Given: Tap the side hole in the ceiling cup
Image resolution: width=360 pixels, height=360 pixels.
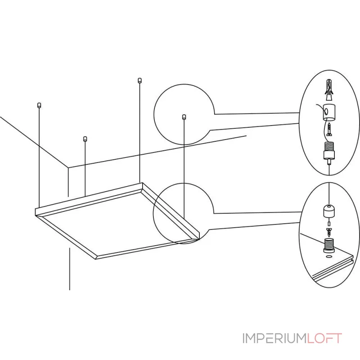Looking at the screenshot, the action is tap(326, 111).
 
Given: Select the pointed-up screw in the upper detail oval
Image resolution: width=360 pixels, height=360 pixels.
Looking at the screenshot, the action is tap(329, 129).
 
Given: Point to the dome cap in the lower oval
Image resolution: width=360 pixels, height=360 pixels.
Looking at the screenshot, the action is tap(329, 211).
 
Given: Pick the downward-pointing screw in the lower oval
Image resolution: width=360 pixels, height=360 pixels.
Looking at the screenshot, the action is tap(329, 232).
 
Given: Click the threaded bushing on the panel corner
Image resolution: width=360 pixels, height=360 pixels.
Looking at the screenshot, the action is tap(329, 245).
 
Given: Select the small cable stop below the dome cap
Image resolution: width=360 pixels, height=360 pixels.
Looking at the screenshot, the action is tap(329, 224).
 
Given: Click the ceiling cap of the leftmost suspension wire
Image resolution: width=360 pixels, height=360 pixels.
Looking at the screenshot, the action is tap(39, 105).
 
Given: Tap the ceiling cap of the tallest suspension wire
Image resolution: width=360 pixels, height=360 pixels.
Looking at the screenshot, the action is tap(139, 81).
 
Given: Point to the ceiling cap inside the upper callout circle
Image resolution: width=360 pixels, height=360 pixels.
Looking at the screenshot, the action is tap(184, 117).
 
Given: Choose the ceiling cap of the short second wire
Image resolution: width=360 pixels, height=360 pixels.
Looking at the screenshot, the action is tap(85, 139).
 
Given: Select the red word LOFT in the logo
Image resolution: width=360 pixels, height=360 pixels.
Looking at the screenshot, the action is tap(324, 338).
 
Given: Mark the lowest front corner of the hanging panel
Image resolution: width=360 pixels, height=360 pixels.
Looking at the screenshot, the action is tap(96, 259).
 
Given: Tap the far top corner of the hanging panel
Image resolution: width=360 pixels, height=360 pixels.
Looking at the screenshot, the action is tap(142, 183).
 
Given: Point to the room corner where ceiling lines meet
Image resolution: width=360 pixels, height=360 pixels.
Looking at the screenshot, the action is tap(68, 167).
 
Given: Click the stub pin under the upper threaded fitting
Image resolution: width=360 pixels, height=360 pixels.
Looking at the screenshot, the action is tap(329, 162).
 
